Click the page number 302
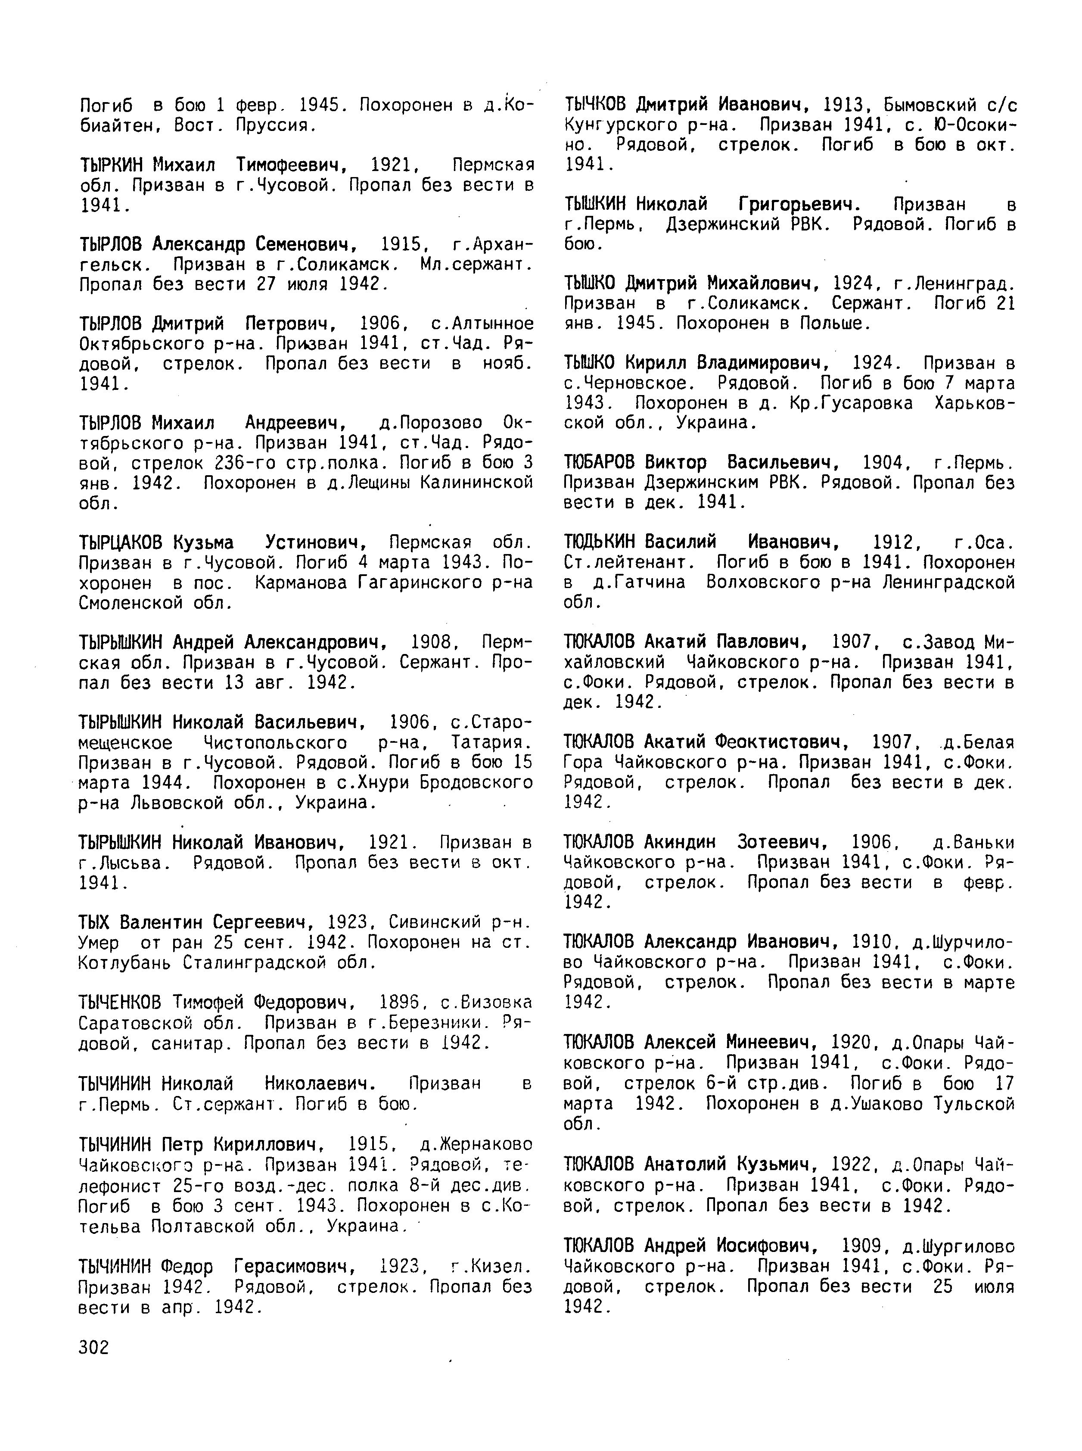tap(93, 1348)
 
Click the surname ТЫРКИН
tap(115, 165)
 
